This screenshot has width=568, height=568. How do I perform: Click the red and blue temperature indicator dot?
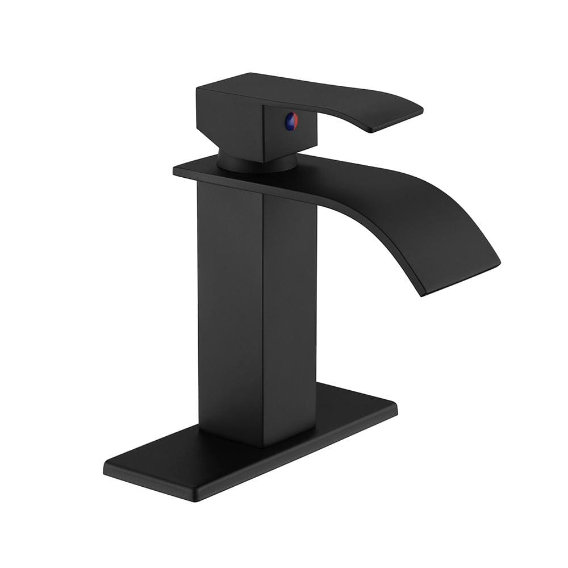(x=291, y=120)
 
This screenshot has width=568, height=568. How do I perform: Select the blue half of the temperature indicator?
(x=289, y=122)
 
